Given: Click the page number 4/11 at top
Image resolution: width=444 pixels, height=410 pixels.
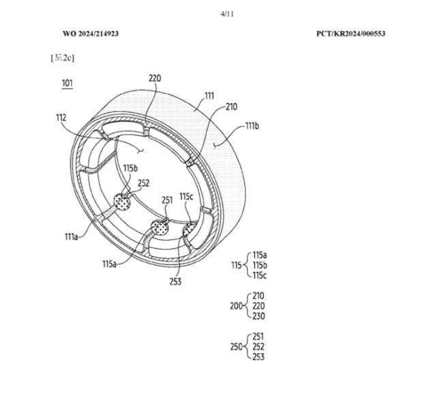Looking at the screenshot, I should point(222,13).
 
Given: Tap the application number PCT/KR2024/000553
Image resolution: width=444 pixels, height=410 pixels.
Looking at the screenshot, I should point(355,33).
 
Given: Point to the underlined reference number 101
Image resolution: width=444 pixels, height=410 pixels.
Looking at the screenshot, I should point(68,83).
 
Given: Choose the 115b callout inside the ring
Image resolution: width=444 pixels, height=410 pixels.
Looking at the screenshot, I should point(130,168).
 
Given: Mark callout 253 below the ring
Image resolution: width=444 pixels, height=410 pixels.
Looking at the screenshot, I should point(175,281).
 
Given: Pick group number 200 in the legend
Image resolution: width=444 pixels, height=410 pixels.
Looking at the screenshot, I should point(237,306).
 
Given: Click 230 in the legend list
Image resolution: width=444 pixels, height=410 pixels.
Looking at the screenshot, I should point(258,316).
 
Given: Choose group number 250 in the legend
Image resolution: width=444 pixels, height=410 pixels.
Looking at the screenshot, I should point(237,346).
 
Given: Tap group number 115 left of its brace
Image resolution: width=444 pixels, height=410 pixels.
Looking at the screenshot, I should point(237,264).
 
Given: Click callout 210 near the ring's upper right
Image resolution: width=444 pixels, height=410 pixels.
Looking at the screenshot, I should point(231,107).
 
